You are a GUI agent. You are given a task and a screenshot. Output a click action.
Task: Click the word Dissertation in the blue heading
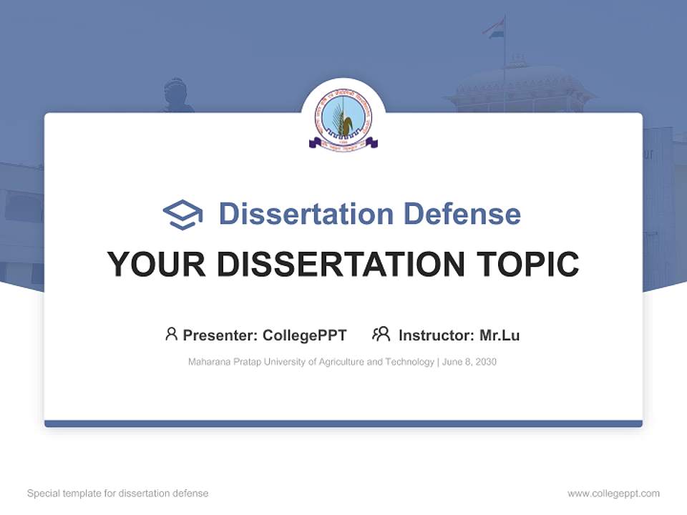coord(306,214)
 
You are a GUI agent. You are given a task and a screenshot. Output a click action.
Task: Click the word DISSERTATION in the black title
coord(340,264)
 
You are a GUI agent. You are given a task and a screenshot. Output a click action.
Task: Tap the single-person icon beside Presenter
coord(171,334)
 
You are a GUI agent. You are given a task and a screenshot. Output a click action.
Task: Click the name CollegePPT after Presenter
coord(305,335)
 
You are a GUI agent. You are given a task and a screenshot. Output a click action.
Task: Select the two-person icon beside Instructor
coord(381,334)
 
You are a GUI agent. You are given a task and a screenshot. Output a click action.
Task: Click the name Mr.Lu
coord(500,335)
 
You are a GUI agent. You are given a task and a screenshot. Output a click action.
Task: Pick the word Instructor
coord(436,335)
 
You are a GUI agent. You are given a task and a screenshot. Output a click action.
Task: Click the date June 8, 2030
coord(469,362)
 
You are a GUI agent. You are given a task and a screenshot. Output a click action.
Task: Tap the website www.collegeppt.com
coord(613,494)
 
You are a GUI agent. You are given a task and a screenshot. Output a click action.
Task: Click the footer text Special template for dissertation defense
coord(118,494)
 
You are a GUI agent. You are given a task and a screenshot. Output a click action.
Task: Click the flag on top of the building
coord(494,28)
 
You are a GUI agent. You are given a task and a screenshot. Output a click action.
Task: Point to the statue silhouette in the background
coord(175,97)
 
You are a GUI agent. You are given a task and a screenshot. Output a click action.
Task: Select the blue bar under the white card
coord(343,423)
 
